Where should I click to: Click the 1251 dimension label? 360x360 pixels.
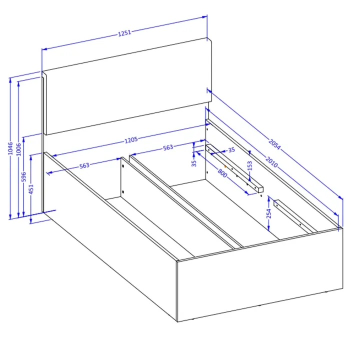point(124,33)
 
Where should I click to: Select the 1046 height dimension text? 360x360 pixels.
point(10,148)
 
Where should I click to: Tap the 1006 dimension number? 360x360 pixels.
point(19,149)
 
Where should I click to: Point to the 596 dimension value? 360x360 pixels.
point(24,177)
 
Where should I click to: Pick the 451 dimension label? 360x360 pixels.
point(31,189)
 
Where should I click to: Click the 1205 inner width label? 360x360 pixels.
point(131,140)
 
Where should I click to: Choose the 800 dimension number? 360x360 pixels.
point(222,172)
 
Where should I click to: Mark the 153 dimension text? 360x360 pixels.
point(250,165)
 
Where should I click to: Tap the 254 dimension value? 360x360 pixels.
point(269,213)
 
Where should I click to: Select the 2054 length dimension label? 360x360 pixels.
point(274,144)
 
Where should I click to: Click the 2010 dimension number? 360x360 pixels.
point(271,161)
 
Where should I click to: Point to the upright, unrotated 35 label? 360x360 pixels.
point(231,150)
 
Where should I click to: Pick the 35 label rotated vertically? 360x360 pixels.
point(194,163)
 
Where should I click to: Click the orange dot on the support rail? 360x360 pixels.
point(225,166)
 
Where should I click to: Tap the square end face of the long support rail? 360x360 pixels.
point(260,190)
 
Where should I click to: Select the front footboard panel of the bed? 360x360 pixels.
point(260,274)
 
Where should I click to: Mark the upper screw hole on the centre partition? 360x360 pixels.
point(123,166)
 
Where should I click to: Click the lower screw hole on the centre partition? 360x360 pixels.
point(123,191)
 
